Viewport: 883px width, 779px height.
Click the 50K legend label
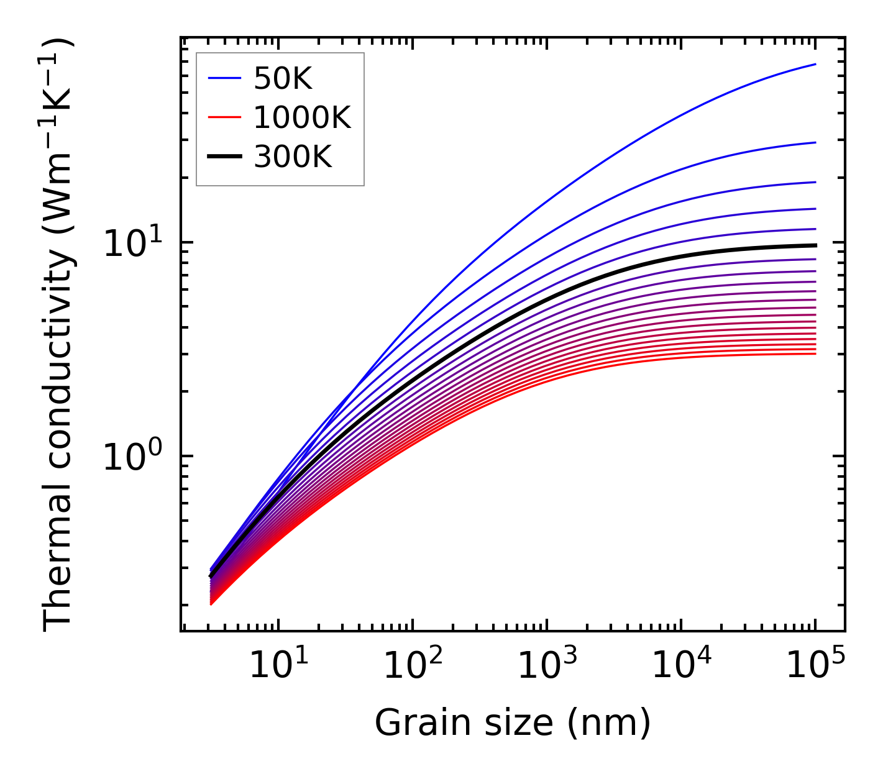click(x=283, y=78)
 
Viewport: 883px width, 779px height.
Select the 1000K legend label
click(x=302, y=117)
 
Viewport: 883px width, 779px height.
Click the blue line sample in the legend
click(x=224, y=78)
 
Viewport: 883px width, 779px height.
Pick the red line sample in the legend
click(x=224, y=117)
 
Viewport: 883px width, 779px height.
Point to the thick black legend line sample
click(x=224, y=157)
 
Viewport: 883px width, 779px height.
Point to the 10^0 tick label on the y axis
click(x=132, y=457)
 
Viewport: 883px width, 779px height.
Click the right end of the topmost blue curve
click(x=815, y=64)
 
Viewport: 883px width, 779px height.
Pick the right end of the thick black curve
click(x=815, y=245)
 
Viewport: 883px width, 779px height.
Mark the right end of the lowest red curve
click(x=815, y=353)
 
